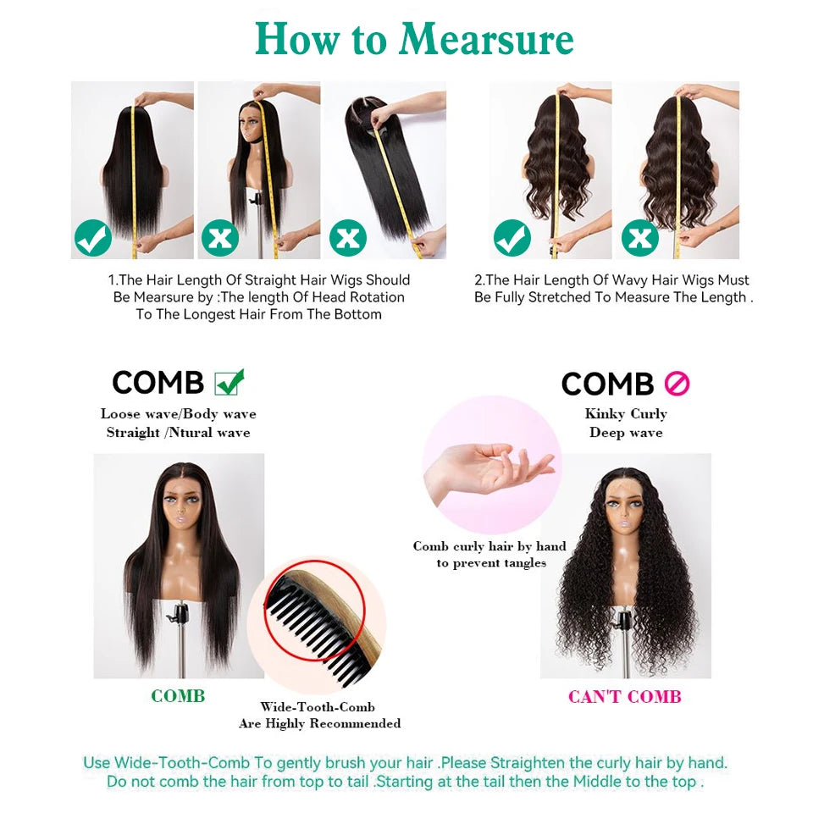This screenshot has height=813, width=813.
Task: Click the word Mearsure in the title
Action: click(x=486, y=39)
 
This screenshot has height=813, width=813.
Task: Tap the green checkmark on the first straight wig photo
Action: click(x=93, y=238)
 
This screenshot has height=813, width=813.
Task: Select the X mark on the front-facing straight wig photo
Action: click(x=220, y=238)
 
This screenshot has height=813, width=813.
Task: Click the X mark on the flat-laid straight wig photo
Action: click(x=347, y=238)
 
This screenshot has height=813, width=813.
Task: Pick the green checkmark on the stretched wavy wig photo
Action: click(x=512, y=238)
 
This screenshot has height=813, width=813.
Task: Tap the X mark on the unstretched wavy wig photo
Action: click(x=640, y=238)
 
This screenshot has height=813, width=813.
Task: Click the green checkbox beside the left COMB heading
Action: click(x=230, y=383)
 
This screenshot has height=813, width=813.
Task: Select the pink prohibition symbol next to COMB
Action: click(x=677, y=384)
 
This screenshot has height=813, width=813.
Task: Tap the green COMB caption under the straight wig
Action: click(x=178, y=696)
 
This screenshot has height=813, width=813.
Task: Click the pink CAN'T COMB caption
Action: click(x=625, y=696)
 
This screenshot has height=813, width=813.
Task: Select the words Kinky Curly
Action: click(x=626, y=414)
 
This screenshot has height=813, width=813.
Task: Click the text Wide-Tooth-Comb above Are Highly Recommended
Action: click(x=318, y=706)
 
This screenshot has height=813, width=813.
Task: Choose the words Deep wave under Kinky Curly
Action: click(x=626, y=433)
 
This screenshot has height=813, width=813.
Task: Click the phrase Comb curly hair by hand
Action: click(x=489, y=546)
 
